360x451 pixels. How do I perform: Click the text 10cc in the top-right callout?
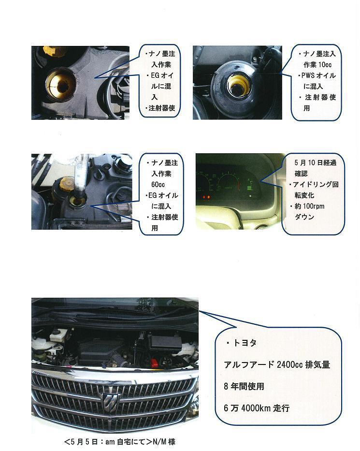point(324,65)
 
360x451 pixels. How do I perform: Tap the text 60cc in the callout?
point(158,185)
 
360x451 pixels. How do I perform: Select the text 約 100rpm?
point(309,206)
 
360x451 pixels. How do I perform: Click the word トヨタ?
point(245,343)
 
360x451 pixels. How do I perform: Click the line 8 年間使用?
point(244,386)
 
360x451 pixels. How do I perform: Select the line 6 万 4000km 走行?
point(257,408)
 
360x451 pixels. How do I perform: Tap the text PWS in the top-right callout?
point(308,75)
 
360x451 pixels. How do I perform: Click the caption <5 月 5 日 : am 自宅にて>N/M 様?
point(120,441)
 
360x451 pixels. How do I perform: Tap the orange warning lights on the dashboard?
point(206,197)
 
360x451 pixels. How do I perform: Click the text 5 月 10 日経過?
point(315,163)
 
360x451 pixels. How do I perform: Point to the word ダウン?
point(304,217)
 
